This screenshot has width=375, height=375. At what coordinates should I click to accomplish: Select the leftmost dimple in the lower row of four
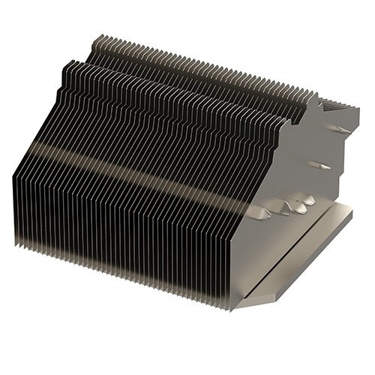(266, 214)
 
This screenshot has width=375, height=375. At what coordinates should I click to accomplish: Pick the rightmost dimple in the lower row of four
(308, 199)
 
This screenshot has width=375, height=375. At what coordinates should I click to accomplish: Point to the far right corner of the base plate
(351, 212)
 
